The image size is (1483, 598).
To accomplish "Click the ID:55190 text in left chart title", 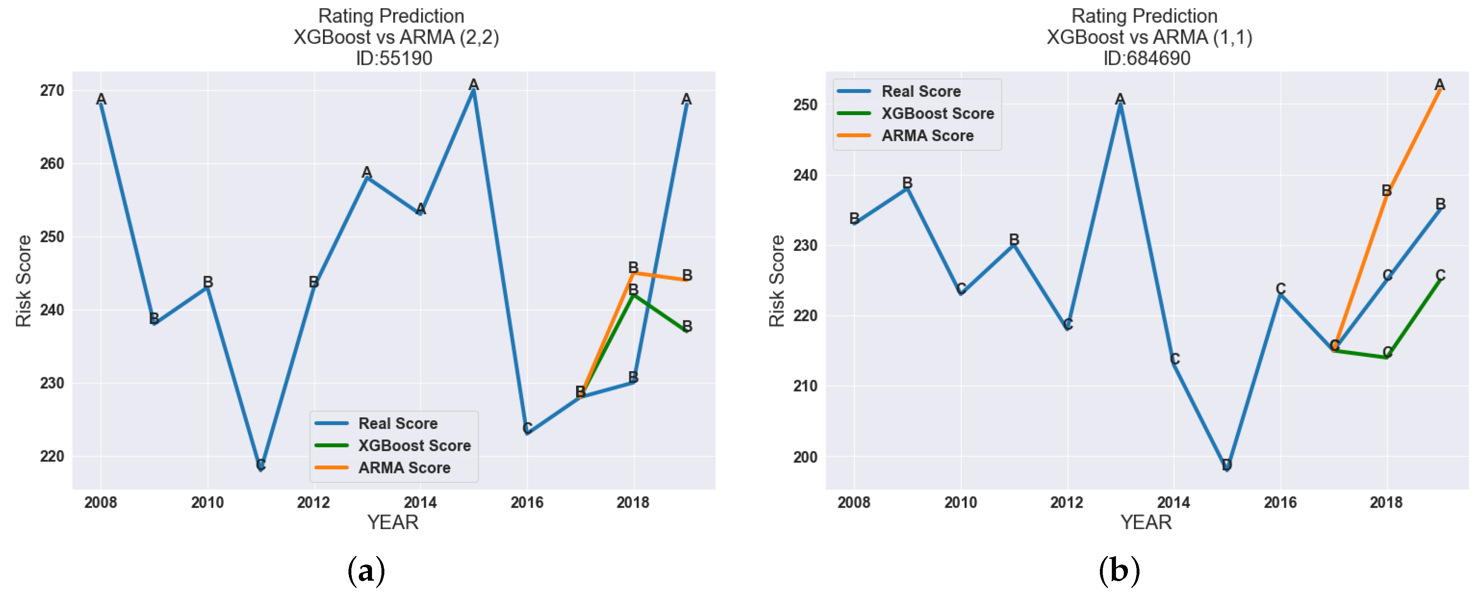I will click(394, 58).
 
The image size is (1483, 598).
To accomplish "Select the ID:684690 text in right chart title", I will click(1146, 58).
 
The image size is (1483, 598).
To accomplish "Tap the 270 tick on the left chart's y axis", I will click(52, 91).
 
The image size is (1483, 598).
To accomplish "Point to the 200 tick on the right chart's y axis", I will click(805, 457).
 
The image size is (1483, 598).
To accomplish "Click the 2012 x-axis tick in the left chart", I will click(313, 502).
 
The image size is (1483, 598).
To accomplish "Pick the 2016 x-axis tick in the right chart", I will click(1280, 502).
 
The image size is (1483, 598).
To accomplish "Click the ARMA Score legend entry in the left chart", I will click(404, 468).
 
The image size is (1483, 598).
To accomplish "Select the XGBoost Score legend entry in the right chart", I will click(937, 113).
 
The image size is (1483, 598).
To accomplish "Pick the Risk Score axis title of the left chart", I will click(24, 281).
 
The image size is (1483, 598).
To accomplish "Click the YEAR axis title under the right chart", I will click(1146, 523).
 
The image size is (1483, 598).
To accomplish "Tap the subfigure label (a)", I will click(366, 572).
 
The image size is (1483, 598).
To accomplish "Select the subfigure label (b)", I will click(1119, 572).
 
